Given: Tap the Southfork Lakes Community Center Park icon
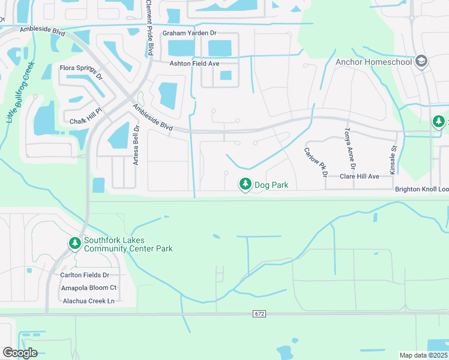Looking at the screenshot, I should tap(74, 244).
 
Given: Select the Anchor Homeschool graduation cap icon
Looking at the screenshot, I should tap(421, 61).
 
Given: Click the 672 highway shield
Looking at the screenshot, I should tap(259, 314).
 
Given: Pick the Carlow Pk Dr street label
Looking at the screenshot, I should tap(315, 163).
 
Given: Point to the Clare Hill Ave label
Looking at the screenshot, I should tap(360, 176).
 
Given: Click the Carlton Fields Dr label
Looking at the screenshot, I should tap(89, 275).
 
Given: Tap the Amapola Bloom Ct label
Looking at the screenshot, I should tap(89, 288).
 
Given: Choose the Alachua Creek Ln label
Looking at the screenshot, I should tap(88, 301).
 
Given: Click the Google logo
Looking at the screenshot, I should tap(20, 353).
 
